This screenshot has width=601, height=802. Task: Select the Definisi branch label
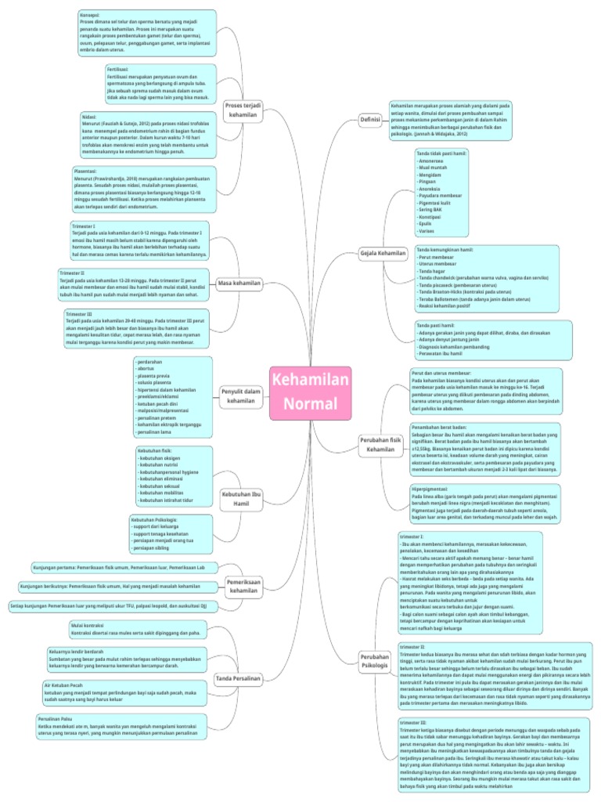(370, 120)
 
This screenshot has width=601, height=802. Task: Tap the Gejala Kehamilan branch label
(382, 255)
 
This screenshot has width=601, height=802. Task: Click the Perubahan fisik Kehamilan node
(380, 444)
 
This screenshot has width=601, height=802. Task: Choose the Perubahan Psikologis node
(374, 659)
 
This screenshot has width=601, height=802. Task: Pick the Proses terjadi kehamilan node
(243, 109)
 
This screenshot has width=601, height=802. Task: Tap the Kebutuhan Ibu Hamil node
(240, 500)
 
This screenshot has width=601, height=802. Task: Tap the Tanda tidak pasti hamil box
(441, 193)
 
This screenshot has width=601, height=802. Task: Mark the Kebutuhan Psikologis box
(170, 533)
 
